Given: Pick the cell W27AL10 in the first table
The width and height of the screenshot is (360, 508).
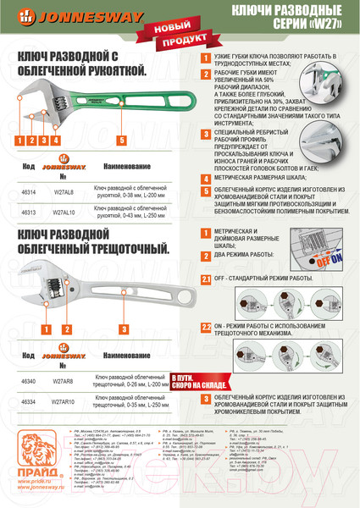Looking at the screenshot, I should pos(62,215).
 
